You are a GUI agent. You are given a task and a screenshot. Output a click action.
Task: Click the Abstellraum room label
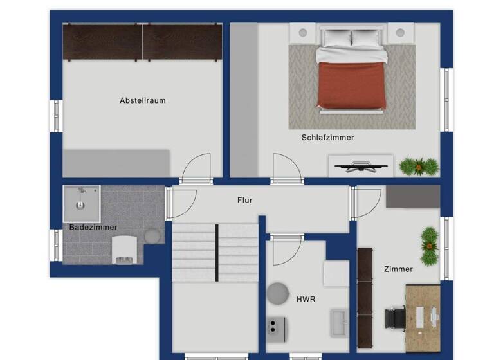pyautogui.click(x=142, y=101)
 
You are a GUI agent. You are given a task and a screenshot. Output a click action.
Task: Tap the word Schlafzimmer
pyautogui.click(x=327, y=138)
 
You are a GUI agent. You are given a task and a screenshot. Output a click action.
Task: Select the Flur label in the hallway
pyautogui.click(x=244, y=201)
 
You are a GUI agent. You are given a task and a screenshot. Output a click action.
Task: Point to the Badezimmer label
pyautogui.click(x=93, y=227)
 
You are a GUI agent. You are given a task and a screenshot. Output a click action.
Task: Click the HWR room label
pyautogui.click(x=306, y=299)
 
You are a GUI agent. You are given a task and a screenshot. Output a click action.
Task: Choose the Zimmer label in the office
pyautogui.click(x=398, y=269)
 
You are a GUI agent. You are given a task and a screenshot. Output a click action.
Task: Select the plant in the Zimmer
pyautogui.click(x=430, y=244)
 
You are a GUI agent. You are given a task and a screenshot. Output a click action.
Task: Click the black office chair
pyautogui.click(x=395, y=318)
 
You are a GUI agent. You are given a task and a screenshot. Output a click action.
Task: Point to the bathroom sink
pyautogui.click(x=81, y=203)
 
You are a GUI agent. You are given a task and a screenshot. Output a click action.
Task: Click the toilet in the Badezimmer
pyautogui.click(x=123, y=249)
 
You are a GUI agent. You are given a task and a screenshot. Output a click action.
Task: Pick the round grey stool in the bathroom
pyautogui.click(x=153, y=236)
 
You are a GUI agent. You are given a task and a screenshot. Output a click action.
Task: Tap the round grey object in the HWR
pyautogui.click(x=279, y=293)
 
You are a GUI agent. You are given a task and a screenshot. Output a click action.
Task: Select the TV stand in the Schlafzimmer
pyautogui.click(x=360, y=165)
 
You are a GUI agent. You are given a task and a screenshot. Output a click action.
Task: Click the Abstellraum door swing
pyautogui.click(x=196, y=169)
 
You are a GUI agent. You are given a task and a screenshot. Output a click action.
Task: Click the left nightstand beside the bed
pyautogui.click(x=302, y=32)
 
